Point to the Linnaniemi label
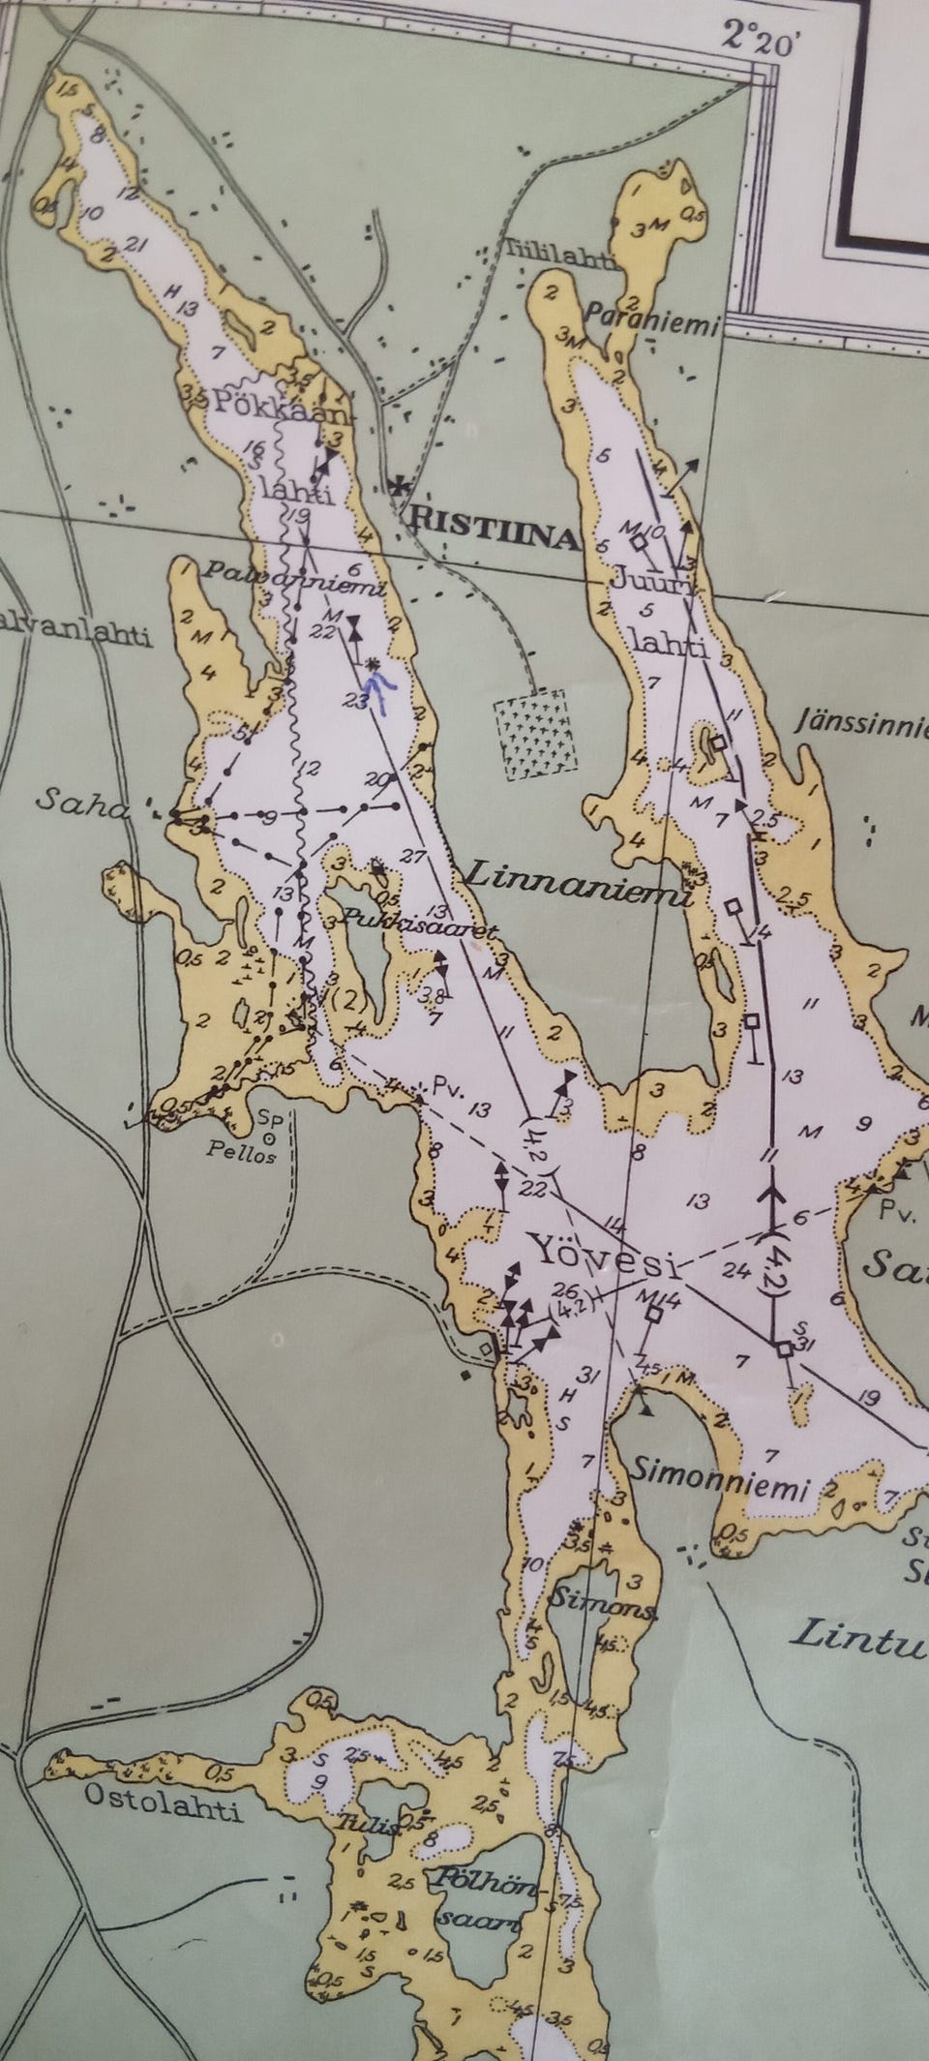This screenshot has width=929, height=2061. pyautogui.click(x=578, y=886)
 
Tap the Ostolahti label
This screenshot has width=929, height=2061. pyautogui.click(x=162, y=1803)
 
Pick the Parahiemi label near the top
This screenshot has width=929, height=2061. pyautogui.click(x=651, y=318)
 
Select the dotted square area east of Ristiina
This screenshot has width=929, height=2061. pyautogui.click(x=534, y=734)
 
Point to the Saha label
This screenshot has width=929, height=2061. pyautogui.click(x=81, y=802)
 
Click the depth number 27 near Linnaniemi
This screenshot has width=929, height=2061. pyautogui.click(x=412, y=856)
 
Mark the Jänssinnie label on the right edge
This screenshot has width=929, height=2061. pyautogui.click(x=861, y=723)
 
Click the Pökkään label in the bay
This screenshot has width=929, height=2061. pyautogui.click(x=278, y=405)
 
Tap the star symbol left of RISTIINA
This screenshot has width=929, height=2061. pyautogui.click(x=397, y=487)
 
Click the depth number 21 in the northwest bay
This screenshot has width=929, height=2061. pyautogui.click(x=136, y=245)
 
